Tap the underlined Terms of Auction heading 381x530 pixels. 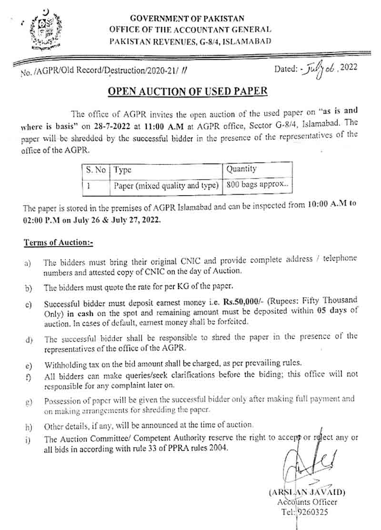[58, 242]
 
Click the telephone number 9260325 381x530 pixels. [312, 512]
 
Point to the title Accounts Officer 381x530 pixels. [307, 502]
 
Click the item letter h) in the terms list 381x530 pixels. [30, 426]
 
